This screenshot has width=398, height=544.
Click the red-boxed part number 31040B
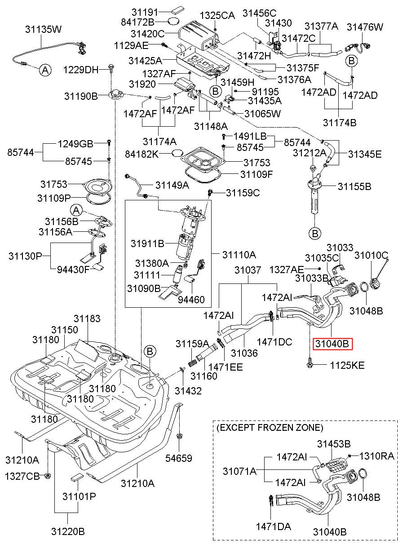click(x=332, y=344)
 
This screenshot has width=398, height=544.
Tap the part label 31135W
click(x=44, y=29)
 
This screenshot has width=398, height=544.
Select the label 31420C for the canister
click(x=147, y=34)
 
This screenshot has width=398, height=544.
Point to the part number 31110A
click(x=239, y=255)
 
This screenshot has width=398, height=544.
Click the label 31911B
click(x=148, y=243)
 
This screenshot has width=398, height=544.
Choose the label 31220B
click(x=68, y=531)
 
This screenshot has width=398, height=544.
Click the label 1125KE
click(x=347, y=365)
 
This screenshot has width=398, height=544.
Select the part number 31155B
click(x=354, y=186)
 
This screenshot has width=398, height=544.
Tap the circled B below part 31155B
click(x=315, y=234)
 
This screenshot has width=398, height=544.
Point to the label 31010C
click(x=371, y=255)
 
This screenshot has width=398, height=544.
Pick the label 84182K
click(x=142, y=154)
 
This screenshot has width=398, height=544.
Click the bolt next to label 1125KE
click(x=310, y=365)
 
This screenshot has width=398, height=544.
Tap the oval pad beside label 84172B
click(x=173, y=22)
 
